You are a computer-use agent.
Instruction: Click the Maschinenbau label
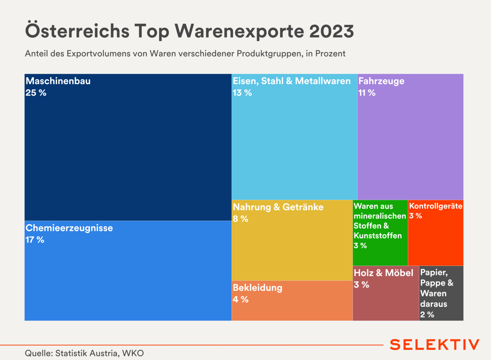pyautogui.click(x=58, y=81)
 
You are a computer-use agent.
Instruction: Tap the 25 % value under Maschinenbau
pyautogui.click(x=36, y=93)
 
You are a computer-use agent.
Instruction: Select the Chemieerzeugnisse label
pyautogui.click(x=69, y=228)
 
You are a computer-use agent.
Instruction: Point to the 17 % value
pyautogui.click(x=35, y=240)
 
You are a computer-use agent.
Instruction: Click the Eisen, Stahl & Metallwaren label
pyautogui.click(x=292, y=81)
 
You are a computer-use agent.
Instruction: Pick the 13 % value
pyautogui.click(x=242, y=93)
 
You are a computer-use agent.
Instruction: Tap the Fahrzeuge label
pyautogui.click(x=381, y=81)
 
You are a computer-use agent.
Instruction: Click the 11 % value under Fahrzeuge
pyautogui.click(x=367, y=93)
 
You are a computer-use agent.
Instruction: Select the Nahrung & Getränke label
pyautogui.click(x=278, y=207)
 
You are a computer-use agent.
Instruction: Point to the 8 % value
pyautogui.click(x=241, y=219)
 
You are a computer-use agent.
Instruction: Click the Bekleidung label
pyautogui.click(x=258, y=288)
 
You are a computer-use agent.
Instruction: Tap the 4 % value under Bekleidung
pyautogui.click(x=241, y=300)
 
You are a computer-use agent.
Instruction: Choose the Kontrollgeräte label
pyautogui.click(x=436, y=206)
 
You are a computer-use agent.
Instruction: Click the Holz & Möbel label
pyautogui.click(x=384, y=273)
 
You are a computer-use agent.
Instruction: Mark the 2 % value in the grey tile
pyautogui.click(x=427, y=315)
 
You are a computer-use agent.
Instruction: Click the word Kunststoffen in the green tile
pyautogui.click(x=378, y=236)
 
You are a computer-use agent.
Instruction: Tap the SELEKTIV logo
pyautogui.click(x=434, y=345)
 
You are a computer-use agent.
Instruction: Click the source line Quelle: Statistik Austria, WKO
pyautogui.click(x=84, y=353)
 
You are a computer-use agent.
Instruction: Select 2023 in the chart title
pyautogui.click(x=331, y=31)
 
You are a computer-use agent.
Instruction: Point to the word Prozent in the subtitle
pyautogui.click(x=330, y=54)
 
